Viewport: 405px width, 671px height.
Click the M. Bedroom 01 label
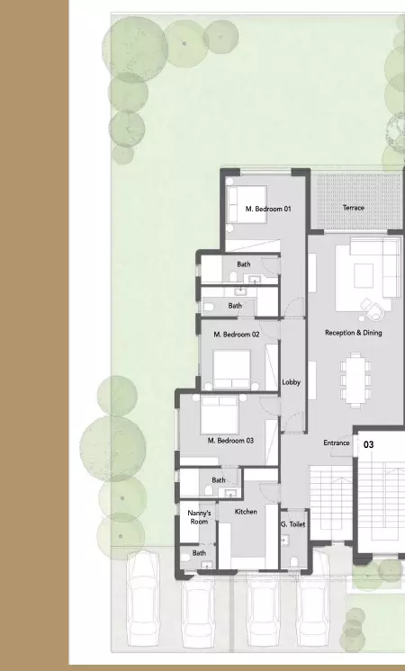coord(268,209)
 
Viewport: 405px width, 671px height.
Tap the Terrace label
coord(354,208)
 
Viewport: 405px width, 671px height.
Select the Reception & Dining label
coord(353,333)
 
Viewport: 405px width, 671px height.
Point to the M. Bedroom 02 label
coord(237,335)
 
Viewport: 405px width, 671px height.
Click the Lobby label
coord(292,382)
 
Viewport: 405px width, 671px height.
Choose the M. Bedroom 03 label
coord(230,441)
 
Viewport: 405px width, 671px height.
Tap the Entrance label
coord(337,443)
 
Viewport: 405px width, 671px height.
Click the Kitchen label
coord(246,512)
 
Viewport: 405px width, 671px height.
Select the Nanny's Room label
coord(199,517)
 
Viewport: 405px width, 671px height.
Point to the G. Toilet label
coord(292,524)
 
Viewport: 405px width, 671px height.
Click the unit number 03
coord(369,444)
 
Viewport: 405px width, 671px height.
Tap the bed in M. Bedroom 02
coord(232,368)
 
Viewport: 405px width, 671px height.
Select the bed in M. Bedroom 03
coord(220,415)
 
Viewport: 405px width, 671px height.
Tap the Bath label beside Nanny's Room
coord(199,553)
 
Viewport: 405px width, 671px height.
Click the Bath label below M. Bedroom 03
coord(219,480)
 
